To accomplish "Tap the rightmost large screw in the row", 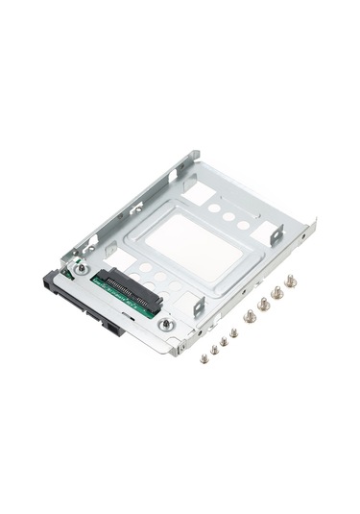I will [289, 282].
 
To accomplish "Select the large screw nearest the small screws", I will [250, 315].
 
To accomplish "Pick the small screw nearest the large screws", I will [233, 332].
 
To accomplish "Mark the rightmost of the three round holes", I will [244, 226].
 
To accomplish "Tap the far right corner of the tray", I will [313, 227].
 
